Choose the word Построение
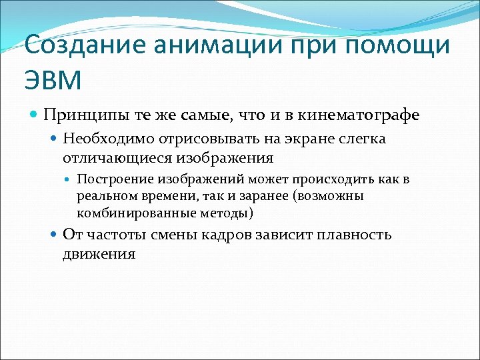click(x=111, y=180)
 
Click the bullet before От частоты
click(x=54, y=235)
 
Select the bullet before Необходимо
click(x=54, y=139)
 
